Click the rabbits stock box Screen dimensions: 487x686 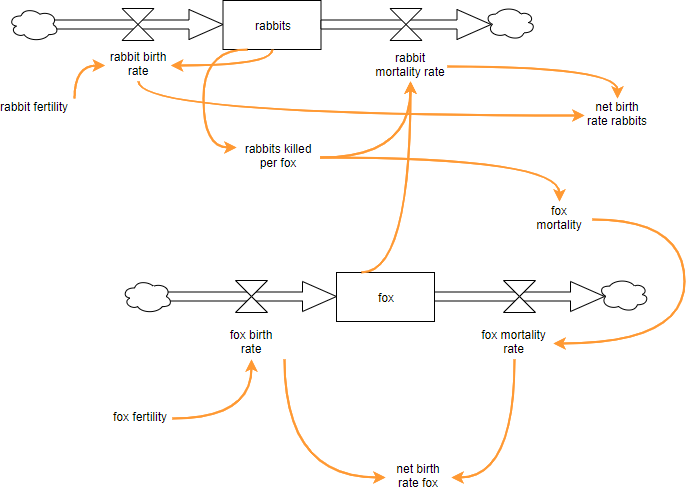[x=271, y=25]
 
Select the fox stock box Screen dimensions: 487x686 [x=385, y=297]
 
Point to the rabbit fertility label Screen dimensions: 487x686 [x=34, y=107]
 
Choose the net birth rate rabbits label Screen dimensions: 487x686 [x=616, y=113]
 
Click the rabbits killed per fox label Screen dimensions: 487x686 [x=278, y=156]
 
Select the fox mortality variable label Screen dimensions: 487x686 [x=559, y=217]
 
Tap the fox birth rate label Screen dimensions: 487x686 [x=244, y=341]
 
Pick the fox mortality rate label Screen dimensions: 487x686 [x=513, y=341]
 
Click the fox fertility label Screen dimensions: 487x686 [x=140, y=416]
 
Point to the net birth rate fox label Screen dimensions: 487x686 [x=417, y=475]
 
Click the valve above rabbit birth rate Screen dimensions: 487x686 [x=138, y=22]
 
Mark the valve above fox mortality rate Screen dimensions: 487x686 [x=519, y=296]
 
